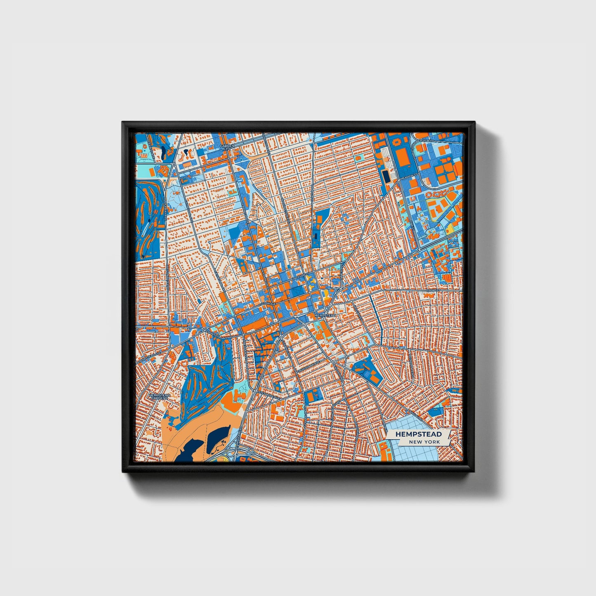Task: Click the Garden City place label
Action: pyautogui.click(x=227, y=147)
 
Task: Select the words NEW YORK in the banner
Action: pyautogui.click(x=424, y=442)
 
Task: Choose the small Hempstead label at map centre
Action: pyautogui.click(x=325, y=315)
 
